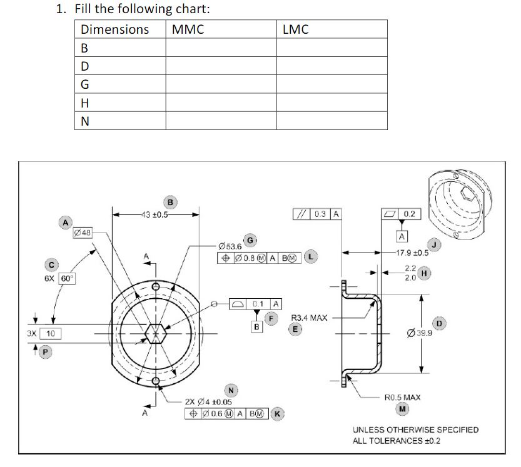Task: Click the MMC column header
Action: pyautogui.click(x=188, y=29)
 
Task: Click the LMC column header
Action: pyautogui.click(x=295, y=29)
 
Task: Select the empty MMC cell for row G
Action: pyautogui.click(x=220, y=84)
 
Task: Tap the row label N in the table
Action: pyautogui.click(x=85, y=121)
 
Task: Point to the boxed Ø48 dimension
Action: pyautogui.click(x=83, y=233)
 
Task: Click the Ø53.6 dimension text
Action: pyautogui.click(x=229, y=246)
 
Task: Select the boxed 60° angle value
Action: pyautogui.click(x=66, y=278)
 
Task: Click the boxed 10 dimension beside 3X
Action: pyautogui.click(x=49, y=334)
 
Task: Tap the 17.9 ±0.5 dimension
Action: pyautogui.click(x=413, y=253)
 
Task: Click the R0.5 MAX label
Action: pyautogui.click(x=403, y=397)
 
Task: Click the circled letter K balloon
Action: pyautogui.click(x=278, y=413)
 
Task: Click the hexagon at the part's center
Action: pyautogui.click(x=155, y=333)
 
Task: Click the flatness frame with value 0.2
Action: pyautogui.click(x=403, y=214)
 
